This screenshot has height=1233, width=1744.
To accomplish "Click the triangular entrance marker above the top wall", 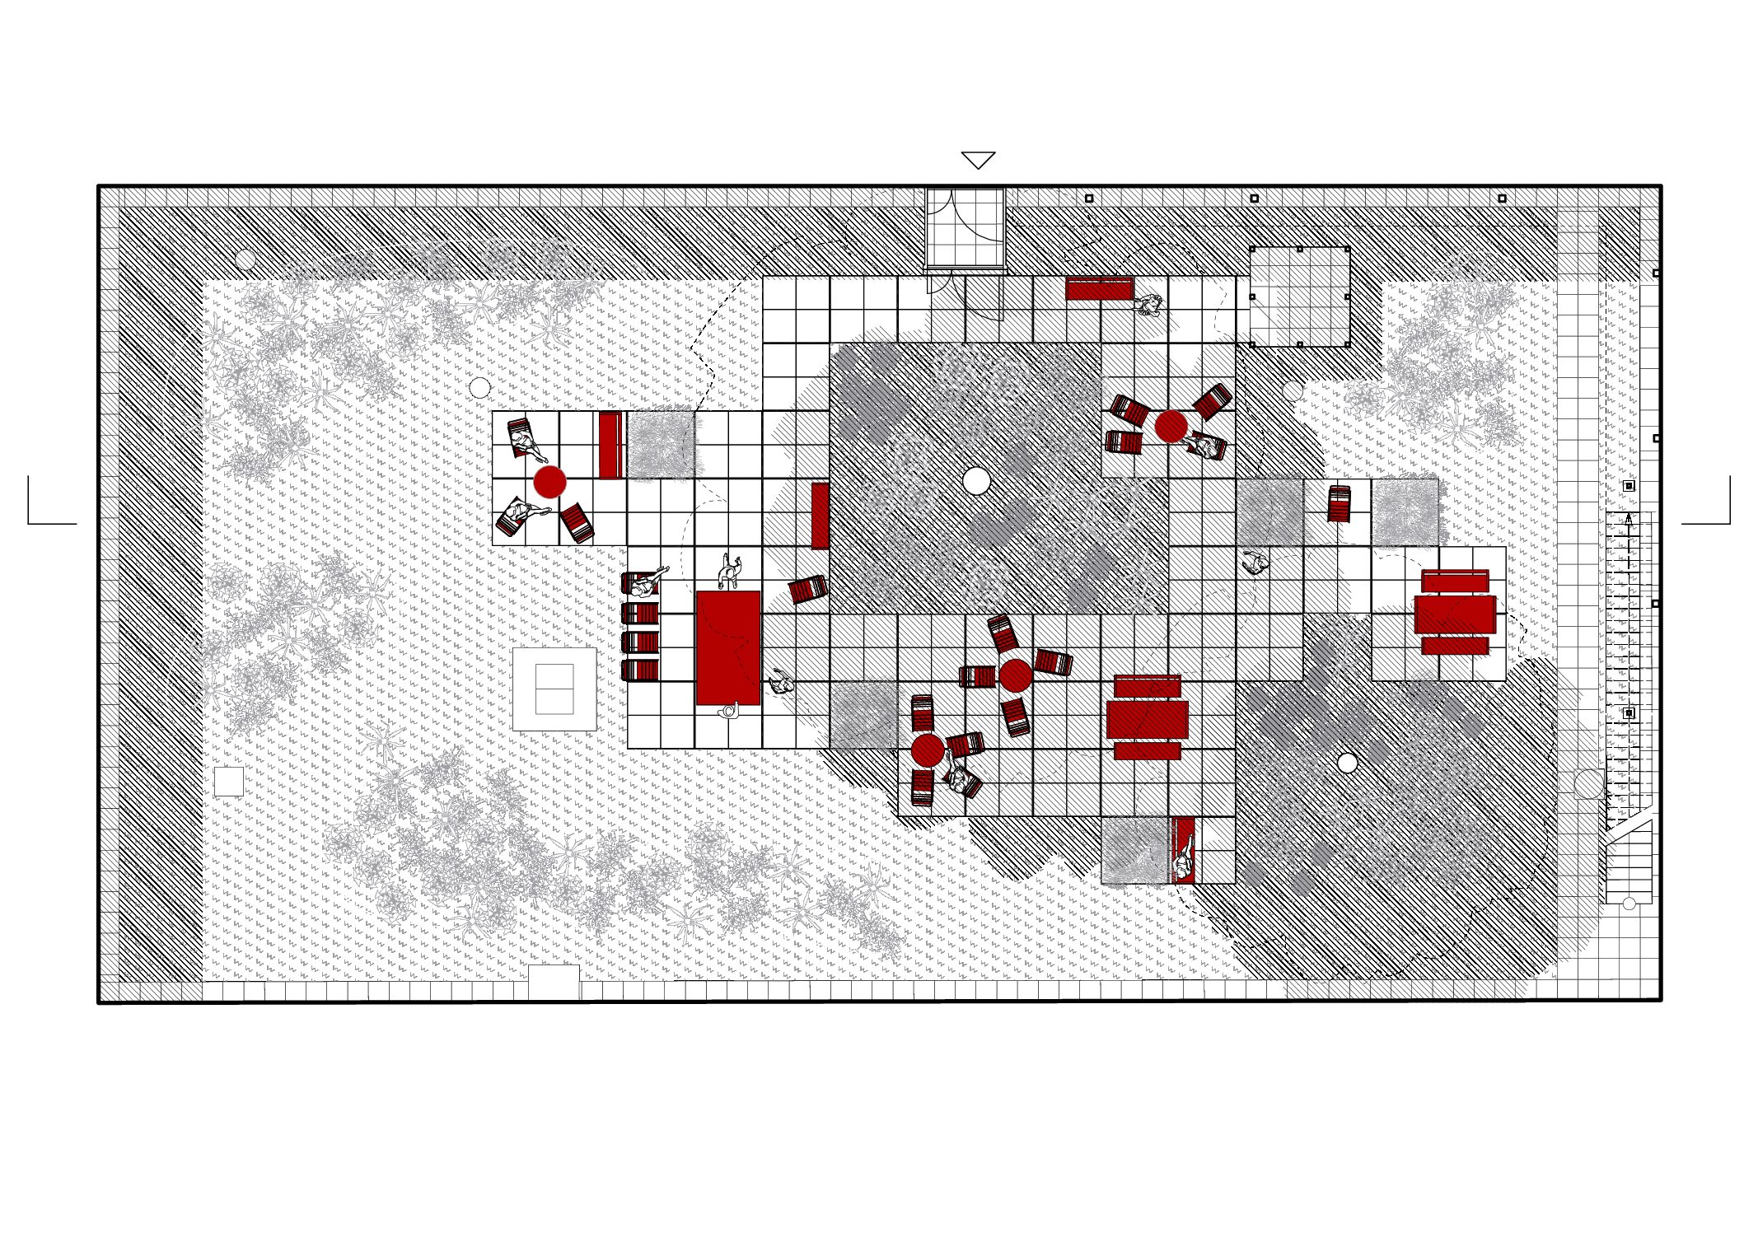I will (978, 160).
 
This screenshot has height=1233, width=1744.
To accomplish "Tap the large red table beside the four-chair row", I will (727, 647).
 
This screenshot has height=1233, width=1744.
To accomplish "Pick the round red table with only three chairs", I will (549, 481).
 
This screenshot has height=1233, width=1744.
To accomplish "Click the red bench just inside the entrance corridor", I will (1099, 288).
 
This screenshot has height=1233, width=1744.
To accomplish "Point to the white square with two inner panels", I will (554, 689).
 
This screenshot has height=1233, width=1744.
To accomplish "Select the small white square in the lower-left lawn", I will (228, 781).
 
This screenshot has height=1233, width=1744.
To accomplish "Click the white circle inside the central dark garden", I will (976, 480).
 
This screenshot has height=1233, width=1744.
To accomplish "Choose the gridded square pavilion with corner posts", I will (1299, 297).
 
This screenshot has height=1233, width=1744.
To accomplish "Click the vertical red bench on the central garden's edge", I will (820, 516).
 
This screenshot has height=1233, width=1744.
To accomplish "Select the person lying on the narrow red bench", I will (1184, 851).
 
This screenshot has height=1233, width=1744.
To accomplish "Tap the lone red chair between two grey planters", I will (1339, 503).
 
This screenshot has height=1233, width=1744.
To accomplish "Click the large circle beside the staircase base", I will (1588, 783).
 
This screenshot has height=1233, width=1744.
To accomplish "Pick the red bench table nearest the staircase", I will (1455, 613).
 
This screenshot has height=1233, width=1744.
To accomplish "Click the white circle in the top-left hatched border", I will (245, 259).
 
